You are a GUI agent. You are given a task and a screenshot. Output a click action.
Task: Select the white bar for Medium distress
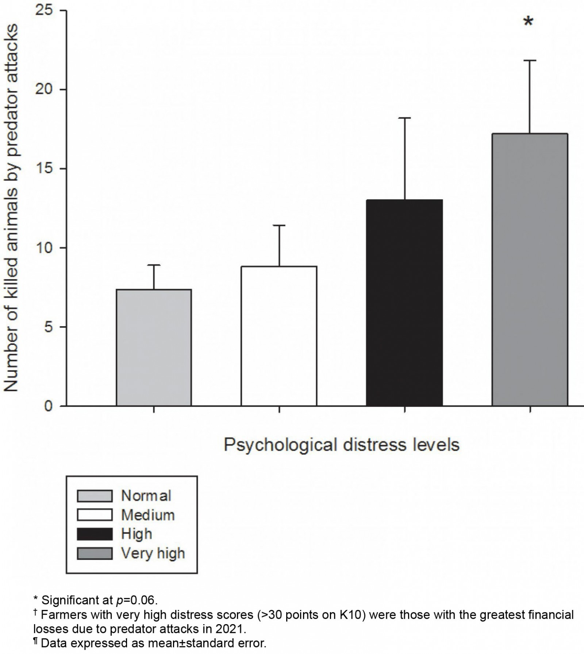coord(279,336)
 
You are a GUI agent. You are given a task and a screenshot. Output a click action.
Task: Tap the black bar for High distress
coord(404,303)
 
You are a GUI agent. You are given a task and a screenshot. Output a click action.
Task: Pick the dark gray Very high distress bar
coord(530,269)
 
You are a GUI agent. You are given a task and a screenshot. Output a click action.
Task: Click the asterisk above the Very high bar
coord(528,22)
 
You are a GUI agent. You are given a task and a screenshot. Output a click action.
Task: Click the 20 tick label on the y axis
coord(44,90)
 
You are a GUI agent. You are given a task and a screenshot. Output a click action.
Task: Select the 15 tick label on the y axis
coord(44,169)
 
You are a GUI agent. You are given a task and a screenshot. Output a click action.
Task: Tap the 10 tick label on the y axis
coord(44,248)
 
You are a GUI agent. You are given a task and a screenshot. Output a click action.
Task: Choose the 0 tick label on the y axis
coord(49,406)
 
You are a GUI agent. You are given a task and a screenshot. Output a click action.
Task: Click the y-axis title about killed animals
coord(11,208)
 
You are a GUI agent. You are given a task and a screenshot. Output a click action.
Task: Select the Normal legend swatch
coord(95,496)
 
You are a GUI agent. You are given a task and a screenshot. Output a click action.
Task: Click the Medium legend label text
coord(148,515)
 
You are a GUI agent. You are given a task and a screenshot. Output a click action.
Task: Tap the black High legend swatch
coord(95,534)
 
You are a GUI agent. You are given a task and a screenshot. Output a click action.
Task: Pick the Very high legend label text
coord(153,553)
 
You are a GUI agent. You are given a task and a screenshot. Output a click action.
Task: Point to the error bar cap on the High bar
coord(404,118)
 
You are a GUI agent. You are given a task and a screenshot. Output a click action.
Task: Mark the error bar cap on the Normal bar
coord(154,265)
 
